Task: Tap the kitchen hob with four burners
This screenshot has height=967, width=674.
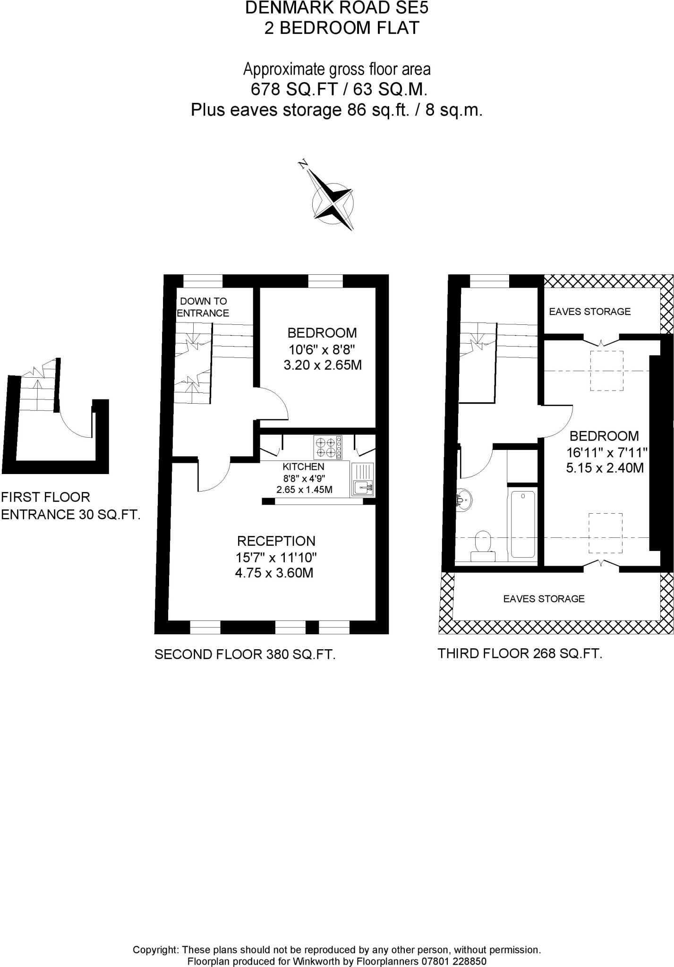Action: point(327,447)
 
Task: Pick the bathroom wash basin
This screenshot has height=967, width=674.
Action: point(464,500)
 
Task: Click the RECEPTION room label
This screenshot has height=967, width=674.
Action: point(276,541)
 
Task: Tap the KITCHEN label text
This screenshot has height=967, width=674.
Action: point(304,467)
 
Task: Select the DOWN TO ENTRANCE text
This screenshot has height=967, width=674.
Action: point(203,307)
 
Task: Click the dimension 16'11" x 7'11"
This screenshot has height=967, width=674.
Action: point(606,453)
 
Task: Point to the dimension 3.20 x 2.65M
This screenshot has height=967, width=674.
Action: point(323,365)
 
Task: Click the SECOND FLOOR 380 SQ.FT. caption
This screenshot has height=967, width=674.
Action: point(245,654)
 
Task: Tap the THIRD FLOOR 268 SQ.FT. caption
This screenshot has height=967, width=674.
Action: point(520,653)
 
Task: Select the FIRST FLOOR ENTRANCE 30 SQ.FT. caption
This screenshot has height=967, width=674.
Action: point(71,505)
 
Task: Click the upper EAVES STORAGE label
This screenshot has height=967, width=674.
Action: point(589,311)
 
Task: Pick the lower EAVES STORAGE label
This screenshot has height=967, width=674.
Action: point(544,599)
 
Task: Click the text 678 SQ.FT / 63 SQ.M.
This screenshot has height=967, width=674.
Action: point(339,89)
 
